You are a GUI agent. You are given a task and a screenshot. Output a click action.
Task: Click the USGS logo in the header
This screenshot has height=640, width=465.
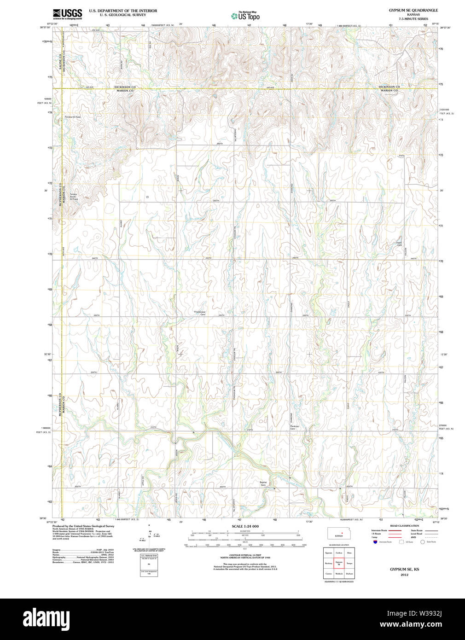click(67, 13)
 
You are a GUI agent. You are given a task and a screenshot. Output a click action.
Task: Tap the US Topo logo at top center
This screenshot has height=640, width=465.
click(245, 16)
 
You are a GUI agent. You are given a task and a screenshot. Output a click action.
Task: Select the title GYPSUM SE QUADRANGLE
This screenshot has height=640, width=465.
click(413, 10)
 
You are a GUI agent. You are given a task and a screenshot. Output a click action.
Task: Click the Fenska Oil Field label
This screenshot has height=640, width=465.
click(73, 117)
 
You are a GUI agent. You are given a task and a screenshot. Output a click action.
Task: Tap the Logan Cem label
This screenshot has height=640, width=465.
click(399, 244)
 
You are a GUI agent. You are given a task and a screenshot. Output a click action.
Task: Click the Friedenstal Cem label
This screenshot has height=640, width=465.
click(199, 313)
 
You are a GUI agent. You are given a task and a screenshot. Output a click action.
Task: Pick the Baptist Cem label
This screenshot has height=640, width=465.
click(263, 484)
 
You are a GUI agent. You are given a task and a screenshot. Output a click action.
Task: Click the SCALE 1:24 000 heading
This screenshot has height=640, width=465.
click(245, 526)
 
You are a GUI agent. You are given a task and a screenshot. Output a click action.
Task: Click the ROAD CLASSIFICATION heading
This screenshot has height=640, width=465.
click(404, 526)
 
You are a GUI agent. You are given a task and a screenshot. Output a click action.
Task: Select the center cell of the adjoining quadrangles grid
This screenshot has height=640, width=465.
click(339, 563)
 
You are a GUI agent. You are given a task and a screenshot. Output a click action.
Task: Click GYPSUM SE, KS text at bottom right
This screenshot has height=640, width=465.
click(404, 570)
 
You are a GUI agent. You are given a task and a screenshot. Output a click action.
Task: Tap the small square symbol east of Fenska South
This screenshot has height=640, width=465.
click(147, 197)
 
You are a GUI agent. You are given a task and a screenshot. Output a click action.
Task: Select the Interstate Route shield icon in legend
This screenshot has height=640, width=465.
click(375, 542)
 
